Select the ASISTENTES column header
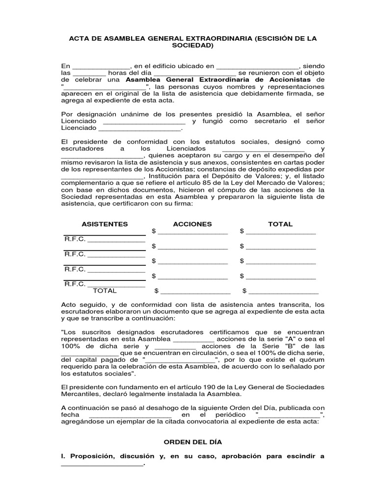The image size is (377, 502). (x=105, y=224)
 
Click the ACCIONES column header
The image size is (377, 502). (x=192, y=224)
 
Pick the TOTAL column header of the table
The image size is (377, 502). (x=280, y=224)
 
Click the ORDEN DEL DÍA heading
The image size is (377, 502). (x=192, y=442)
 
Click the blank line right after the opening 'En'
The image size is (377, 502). (x=101, y=66)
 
